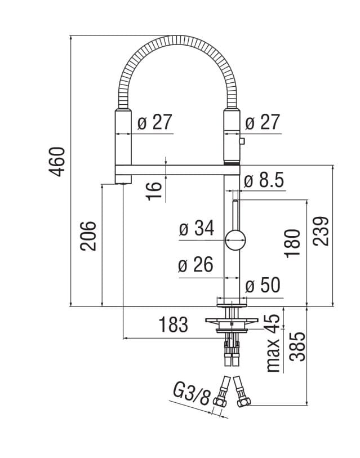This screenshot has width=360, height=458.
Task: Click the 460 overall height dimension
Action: click(x=58, y=161)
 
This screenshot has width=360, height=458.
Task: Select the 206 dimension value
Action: click(x=88, y=235)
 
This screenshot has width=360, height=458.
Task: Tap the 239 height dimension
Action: click(x=321, y=230)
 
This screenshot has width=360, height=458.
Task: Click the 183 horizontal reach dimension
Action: click(x=172, y=325)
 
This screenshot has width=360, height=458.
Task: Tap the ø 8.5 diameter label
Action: click(x=264, y=181)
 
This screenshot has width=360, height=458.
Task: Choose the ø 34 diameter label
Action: click(x=197, y=228)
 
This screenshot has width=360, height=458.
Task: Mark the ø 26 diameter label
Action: click(x=196, y=265)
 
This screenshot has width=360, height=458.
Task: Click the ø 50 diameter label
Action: click(x=263, y=286)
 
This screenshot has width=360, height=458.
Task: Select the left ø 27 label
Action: click(x=154, y=122)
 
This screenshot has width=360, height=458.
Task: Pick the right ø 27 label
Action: click(x=263, y=122)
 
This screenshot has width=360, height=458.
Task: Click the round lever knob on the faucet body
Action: click(x=235, y=239)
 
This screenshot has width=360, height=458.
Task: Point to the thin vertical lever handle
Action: click(x=235, y=214)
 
